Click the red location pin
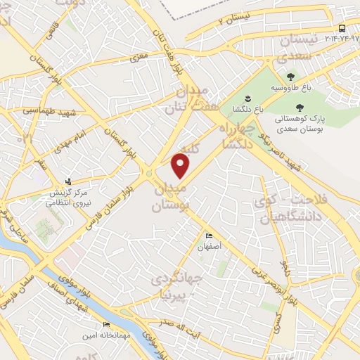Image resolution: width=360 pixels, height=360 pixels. (181, 166)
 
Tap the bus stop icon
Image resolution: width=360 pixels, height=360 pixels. (342, 28)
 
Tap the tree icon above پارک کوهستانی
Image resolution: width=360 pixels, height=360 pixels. (300, 108)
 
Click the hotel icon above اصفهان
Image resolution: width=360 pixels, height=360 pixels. (209, 236)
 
